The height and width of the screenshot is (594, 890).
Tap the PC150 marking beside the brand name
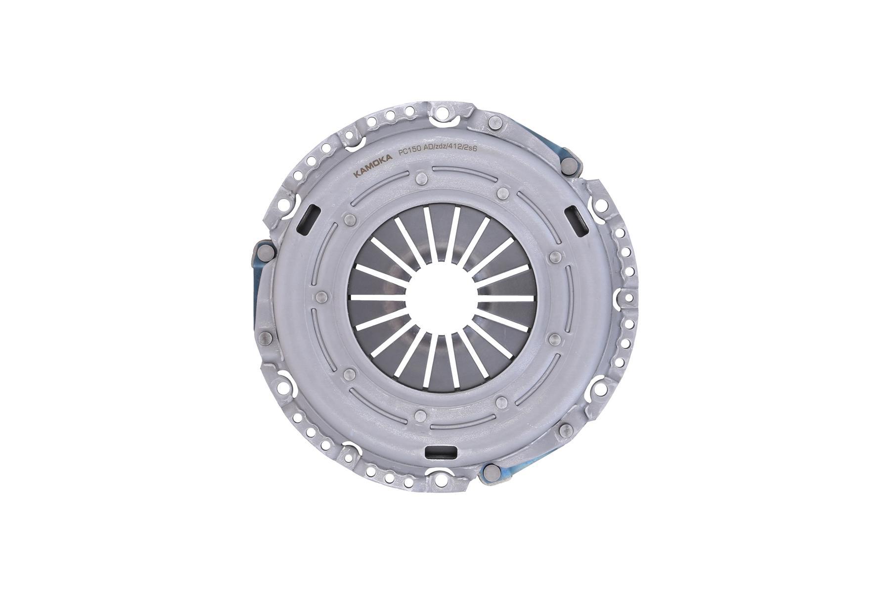pos(408,153)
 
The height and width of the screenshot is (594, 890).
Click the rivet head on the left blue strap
pos(264,250)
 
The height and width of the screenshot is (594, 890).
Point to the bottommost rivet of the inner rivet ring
pos(421,415)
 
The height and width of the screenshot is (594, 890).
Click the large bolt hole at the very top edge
pos(442,117)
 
